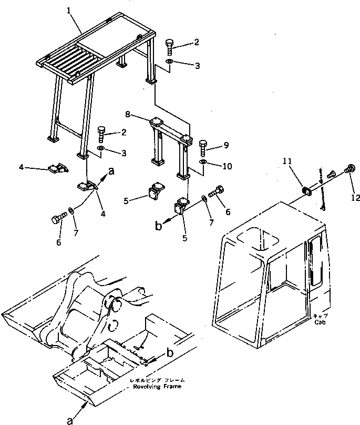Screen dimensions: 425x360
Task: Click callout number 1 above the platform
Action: (69, 11)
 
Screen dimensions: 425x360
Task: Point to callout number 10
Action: (227, 166)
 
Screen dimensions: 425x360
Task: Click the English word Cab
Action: (321, 322)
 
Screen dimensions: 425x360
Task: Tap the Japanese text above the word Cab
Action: (320, 317)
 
